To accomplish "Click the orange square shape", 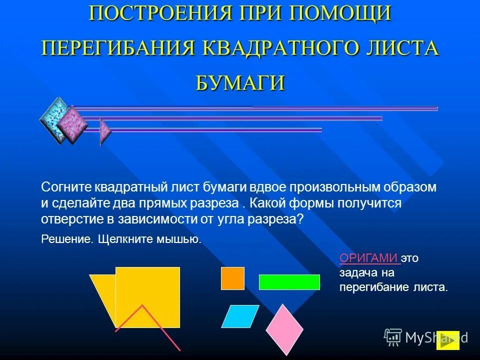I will (x=232, y=278).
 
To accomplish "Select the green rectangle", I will (x=289, y=282).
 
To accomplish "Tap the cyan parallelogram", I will (x=240, y=316).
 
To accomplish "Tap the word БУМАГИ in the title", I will (x=240, y=82).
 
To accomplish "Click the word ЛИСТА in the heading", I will (x=399, y=48).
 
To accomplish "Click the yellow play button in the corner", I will (x=447, y=340).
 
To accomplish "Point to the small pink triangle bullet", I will (x=105, y=131).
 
